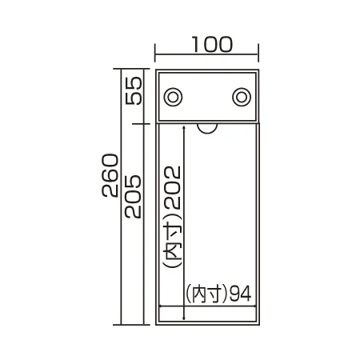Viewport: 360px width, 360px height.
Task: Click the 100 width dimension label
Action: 212,44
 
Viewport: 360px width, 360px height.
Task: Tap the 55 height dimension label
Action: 134,90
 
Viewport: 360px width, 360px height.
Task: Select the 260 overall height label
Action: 110,175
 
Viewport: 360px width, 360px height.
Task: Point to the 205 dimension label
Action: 133,197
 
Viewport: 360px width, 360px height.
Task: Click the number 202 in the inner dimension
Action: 173,187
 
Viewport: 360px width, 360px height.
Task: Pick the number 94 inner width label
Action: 241,294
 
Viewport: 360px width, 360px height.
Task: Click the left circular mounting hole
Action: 173,97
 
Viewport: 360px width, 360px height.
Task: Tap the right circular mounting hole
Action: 242,97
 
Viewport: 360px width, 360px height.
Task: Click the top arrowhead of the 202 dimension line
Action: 184,127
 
